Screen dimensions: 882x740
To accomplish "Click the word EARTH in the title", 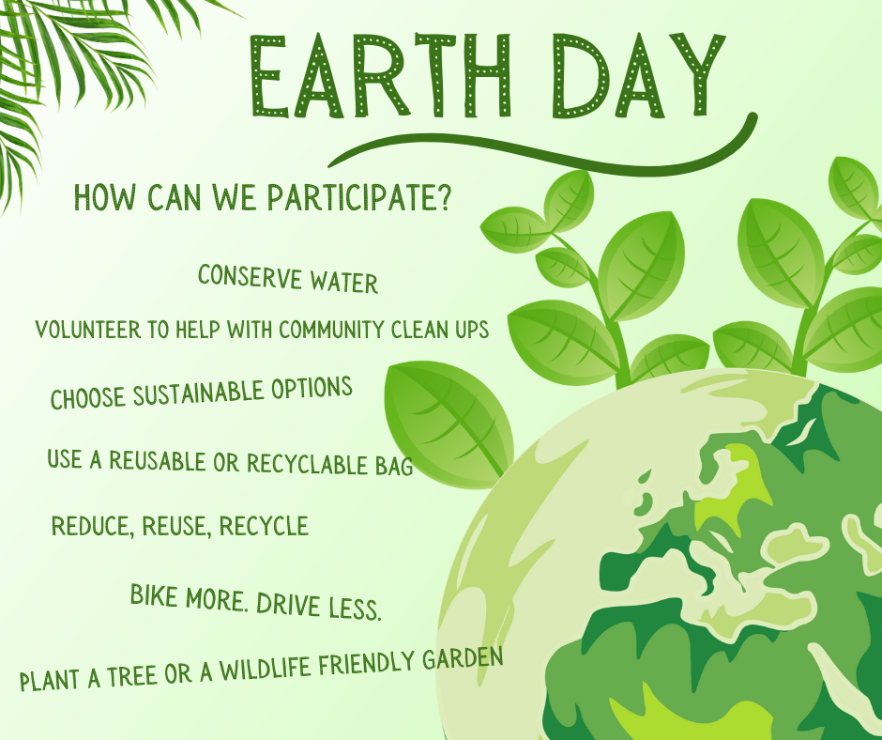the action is pos(380,75).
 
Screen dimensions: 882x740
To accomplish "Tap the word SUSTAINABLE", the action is pos(199,392).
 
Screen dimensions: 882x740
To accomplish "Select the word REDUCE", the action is pos(93,527).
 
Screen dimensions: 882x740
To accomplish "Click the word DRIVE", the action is pos(288,605).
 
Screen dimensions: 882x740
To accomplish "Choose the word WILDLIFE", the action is pos(265,669).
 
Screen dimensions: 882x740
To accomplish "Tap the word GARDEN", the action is pos(463,657).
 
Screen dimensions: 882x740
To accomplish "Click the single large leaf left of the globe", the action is pos(449,424).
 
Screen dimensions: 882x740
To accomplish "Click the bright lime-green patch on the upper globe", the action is pos(731,484).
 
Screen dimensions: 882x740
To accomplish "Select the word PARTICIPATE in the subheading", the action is pos(351,196).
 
